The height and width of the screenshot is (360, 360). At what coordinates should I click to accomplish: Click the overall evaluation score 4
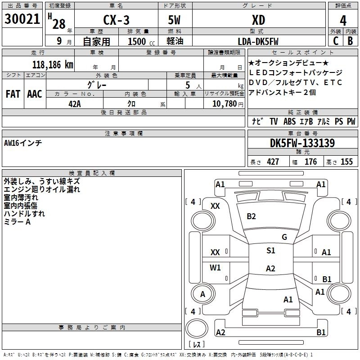[x=343, y=20]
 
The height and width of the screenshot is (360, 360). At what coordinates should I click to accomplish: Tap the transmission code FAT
[x=13, y=94]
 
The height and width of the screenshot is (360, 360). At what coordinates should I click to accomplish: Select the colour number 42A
[x=74, y=103]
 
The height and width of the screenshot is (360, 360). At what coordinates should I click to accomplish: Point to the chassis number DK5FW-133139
[x=302, y=143]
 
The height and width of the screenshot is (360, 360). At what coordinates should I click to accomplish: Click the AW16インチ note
[x=23, y=143]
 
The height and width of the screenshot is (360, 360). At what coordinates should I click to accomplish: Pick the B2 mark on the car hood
[x=251, y=216]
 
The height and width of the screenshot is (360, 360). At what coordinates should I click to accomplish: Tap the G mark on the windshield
[x=284, y=237]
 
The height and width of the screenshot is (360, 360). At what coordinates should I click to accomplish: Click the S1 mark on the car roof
[x=270, y=251]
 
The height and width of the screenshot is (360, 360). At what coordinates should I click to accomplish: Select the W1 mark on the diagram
[x=216, y=268]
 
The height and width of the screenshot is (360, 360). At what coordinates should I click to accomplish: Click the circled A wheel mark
[x=202, y=294]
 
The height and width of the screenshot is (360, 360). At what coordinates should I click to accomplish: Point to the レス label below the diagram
[x=197, y=344]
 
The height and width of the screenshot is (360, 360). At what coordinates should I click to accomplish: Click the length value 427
[x=273, y=162]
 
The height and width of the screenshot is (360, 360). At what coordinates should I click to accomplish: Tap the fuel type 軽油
[x=174, y=41]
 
